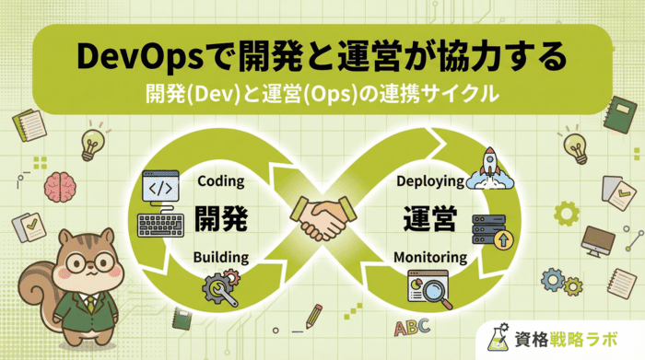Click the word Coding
[x=221, y=180]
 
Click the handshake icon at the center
[x=322, y=219]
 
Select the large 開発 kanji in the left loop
[x=221, y=219]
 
